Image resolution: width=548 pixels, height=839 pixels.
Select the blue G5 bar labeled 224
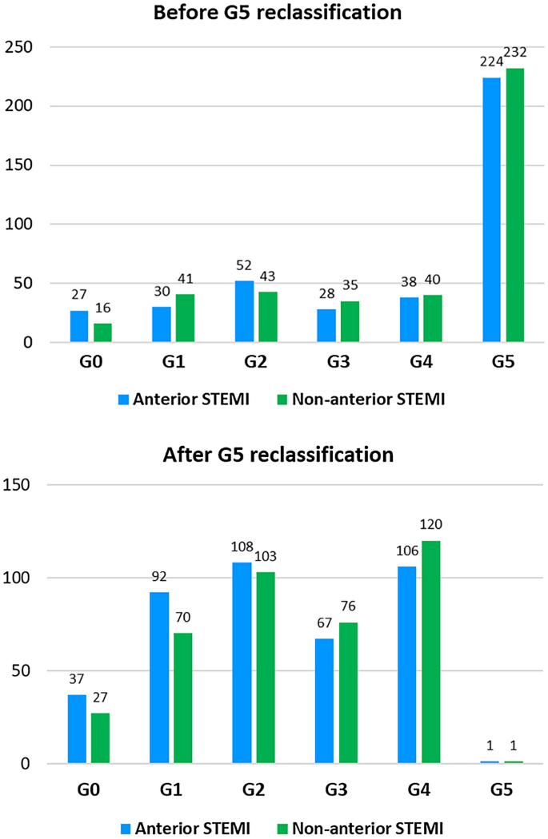490,210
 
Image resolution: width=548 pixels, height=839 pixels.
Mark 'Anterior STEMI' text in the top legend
186,400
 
